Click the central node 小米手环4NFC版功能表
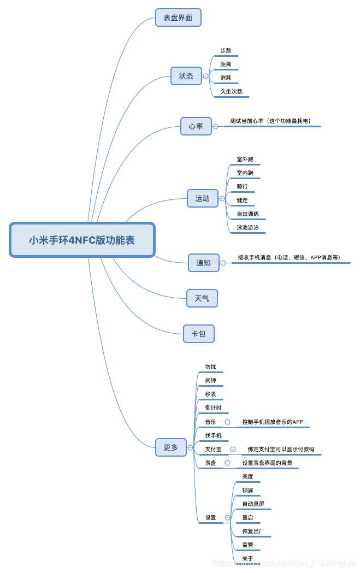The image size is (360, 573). [x=82, y=240]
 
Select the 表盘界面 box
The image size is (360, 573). [x=178, y=17]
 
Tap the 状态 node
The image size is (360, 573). [x=186, y=76]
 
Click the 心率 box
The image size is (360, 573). [x=196, y=126]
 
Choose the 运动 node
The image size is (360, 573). [x=203, y=198]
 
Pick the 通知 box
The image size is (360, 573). [x=204, y=263]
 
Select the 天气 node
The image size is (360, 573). [x=202, y=298]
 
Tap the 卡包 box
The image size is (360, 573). [x=199, y=333]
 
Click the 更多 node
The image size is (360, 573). [x=171, y=447]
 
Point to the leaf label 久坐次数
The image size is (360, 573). [x=232, y=91]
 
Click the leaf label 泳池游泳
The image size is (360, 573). [x=248, y=227]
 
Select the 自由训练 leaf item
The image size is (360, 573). [x=248, y=214]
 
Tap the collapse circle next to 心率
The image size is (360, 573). [x=215, y=126]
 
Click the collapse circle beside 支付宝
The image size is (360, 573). [x=233, y=449]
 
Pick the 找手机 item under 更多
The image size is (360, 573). [x=214, y=435]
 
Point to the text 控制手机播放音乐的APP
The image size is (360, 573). [x=273, y=422]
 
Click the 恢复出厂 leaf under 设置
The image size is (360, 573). [x=253, y=531]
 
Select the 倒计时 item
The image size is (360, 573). [x=214, y=407]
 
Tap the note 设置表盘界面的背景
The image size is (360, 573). [x=267, y=463]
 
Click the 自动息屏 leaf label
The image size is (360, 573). [x=253, y=504]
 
